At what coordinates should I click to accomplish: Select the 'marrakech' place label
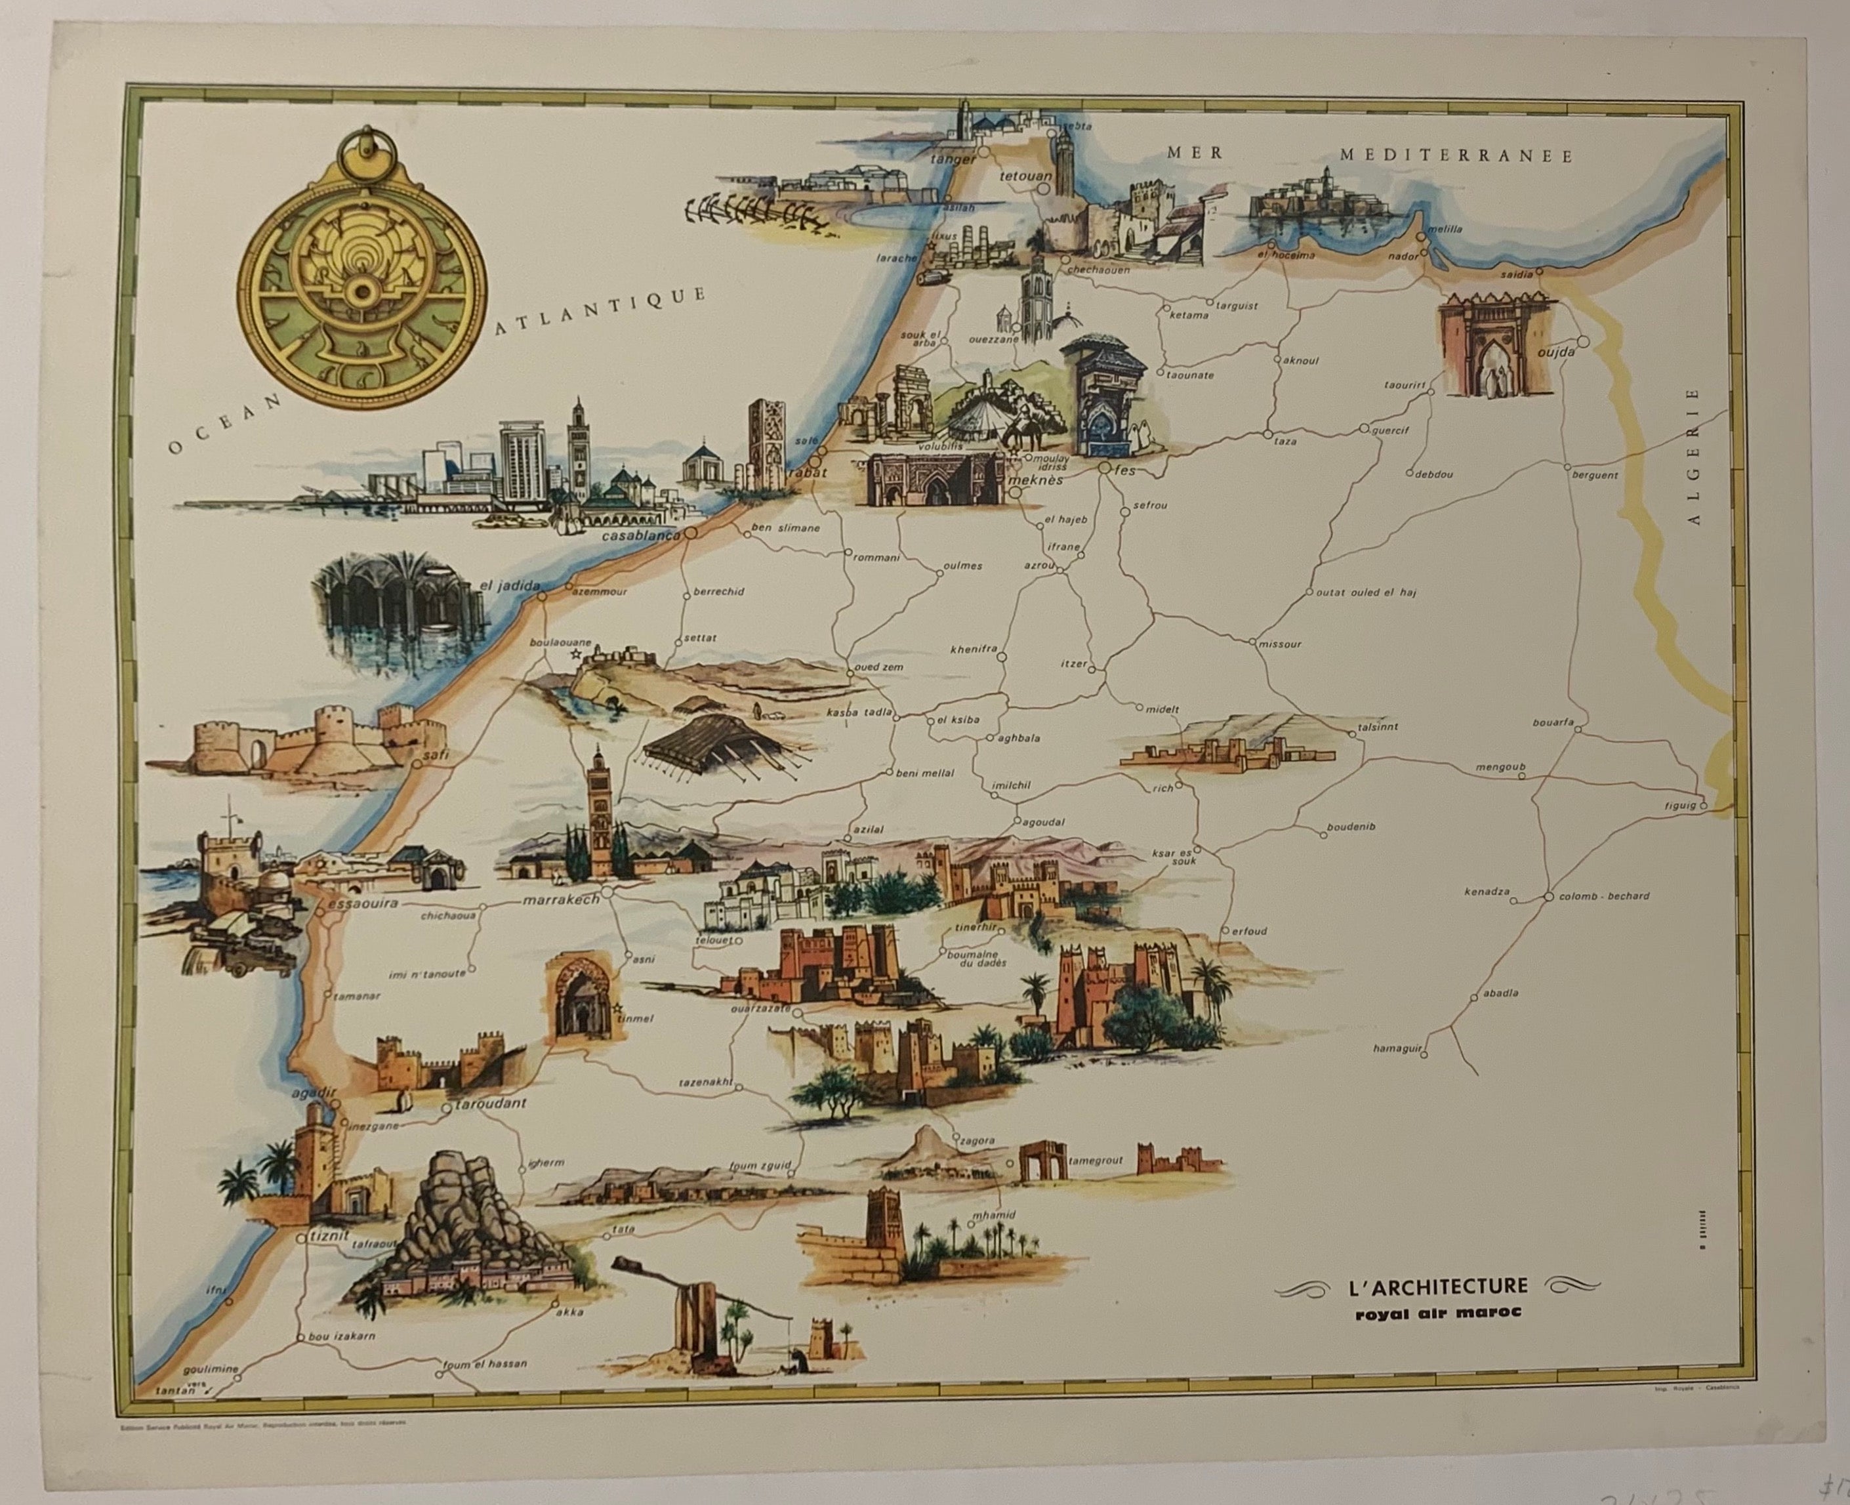[x=560, y=900]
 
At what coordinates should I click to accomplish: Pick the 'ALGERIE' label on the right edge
[x=1694, y=456]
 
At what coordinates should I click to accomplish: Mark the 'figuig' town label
[x=1679, y=806]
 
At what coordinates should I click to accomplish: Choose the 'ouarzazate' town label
[x=760, y=1009]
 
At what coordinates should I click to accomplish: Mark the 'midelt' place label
[x=1162, y=709]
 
